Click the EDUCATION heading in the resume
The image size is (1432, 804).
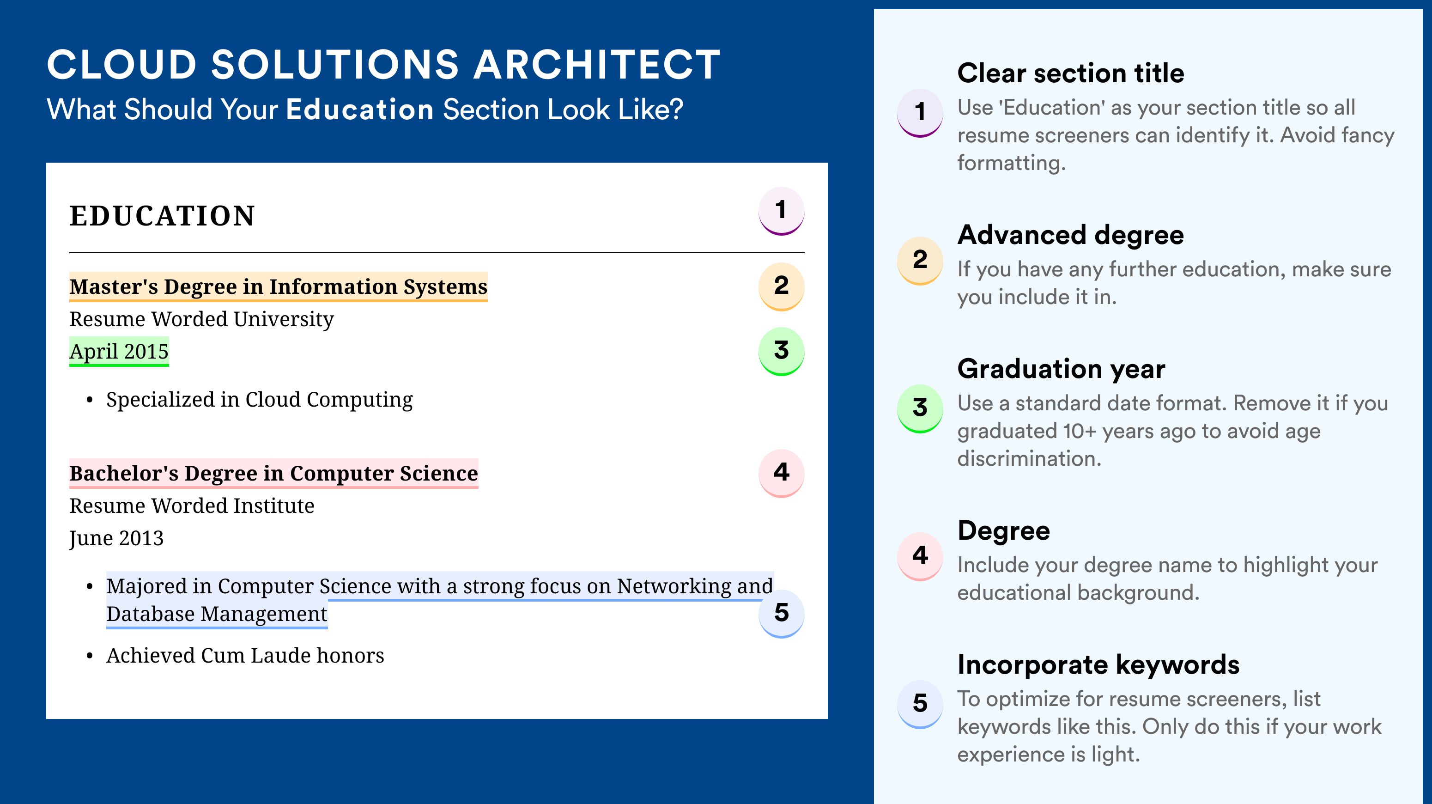pyautogui.click(x=162, y=216)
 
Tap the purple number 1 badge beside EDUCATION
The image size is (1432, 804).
pyautogui.click(x=781, y=211)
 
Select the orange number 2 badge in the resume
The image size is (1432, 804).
pyautogui.click(x=781, y=286)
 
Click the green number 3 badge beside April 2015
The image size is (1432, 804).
pyautogui.click(x=781, y=351)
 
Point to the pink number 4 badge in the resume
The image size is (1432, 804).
pyautogui.click(x=781, y=473)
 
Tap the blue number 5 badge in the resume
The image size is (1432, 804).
pyautogui.click(x=781, y=613)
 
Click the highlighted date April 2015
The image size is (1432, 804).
pyautogui.click(x=119, y=351)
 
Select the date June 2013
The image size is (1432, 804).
pyautogui.click(x=117, y=538)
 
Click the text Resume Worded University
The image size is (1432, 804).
pyautogui.click(x=202, y=319)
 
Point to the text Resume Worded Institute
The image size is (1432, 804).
pyautogui.click(x=192, y=506)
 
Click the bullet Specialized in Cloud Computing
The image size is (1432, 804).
pyautogui.click(x=259, y=400)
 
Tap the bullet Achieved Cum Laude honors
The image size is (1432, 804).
pyautogui.click(x=245, y=656)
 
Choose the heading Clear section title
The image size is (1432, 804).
pyautogui.click(x=1071, y=73)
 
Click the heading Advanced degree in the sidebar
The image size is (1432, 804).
pyautogui.click(x=1071, y=235)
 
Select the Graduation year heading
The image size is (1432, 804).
pyautogui.click(x=1061, y=369)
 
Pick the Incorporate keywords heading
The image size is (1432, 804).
pyautogui.click(x=1098, y=664)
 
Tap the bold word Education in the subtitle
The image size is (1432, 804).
pyautogui.click(x=360, y=109)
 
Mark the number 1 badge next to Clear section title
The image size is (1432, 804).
pyautogui.click(x=920, y=113)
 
